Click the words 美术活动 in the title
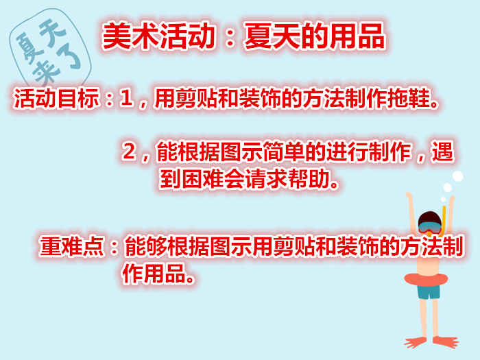(158, 36)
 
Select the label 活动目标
(57, 98)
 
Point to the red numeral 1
(126, 99)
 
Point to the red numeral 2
(129, 151)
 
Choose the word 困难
(202, 178)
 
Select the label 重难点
(71, 245)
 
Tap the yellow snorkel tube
(444, 218)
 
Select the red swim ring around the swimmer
(426, 280)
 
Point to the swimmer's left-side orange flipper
(416, 342)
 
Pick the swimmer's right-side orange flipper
(446, 341)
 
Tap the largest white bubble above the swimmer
(457, 177)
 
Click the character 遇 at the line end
(442, 152)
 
